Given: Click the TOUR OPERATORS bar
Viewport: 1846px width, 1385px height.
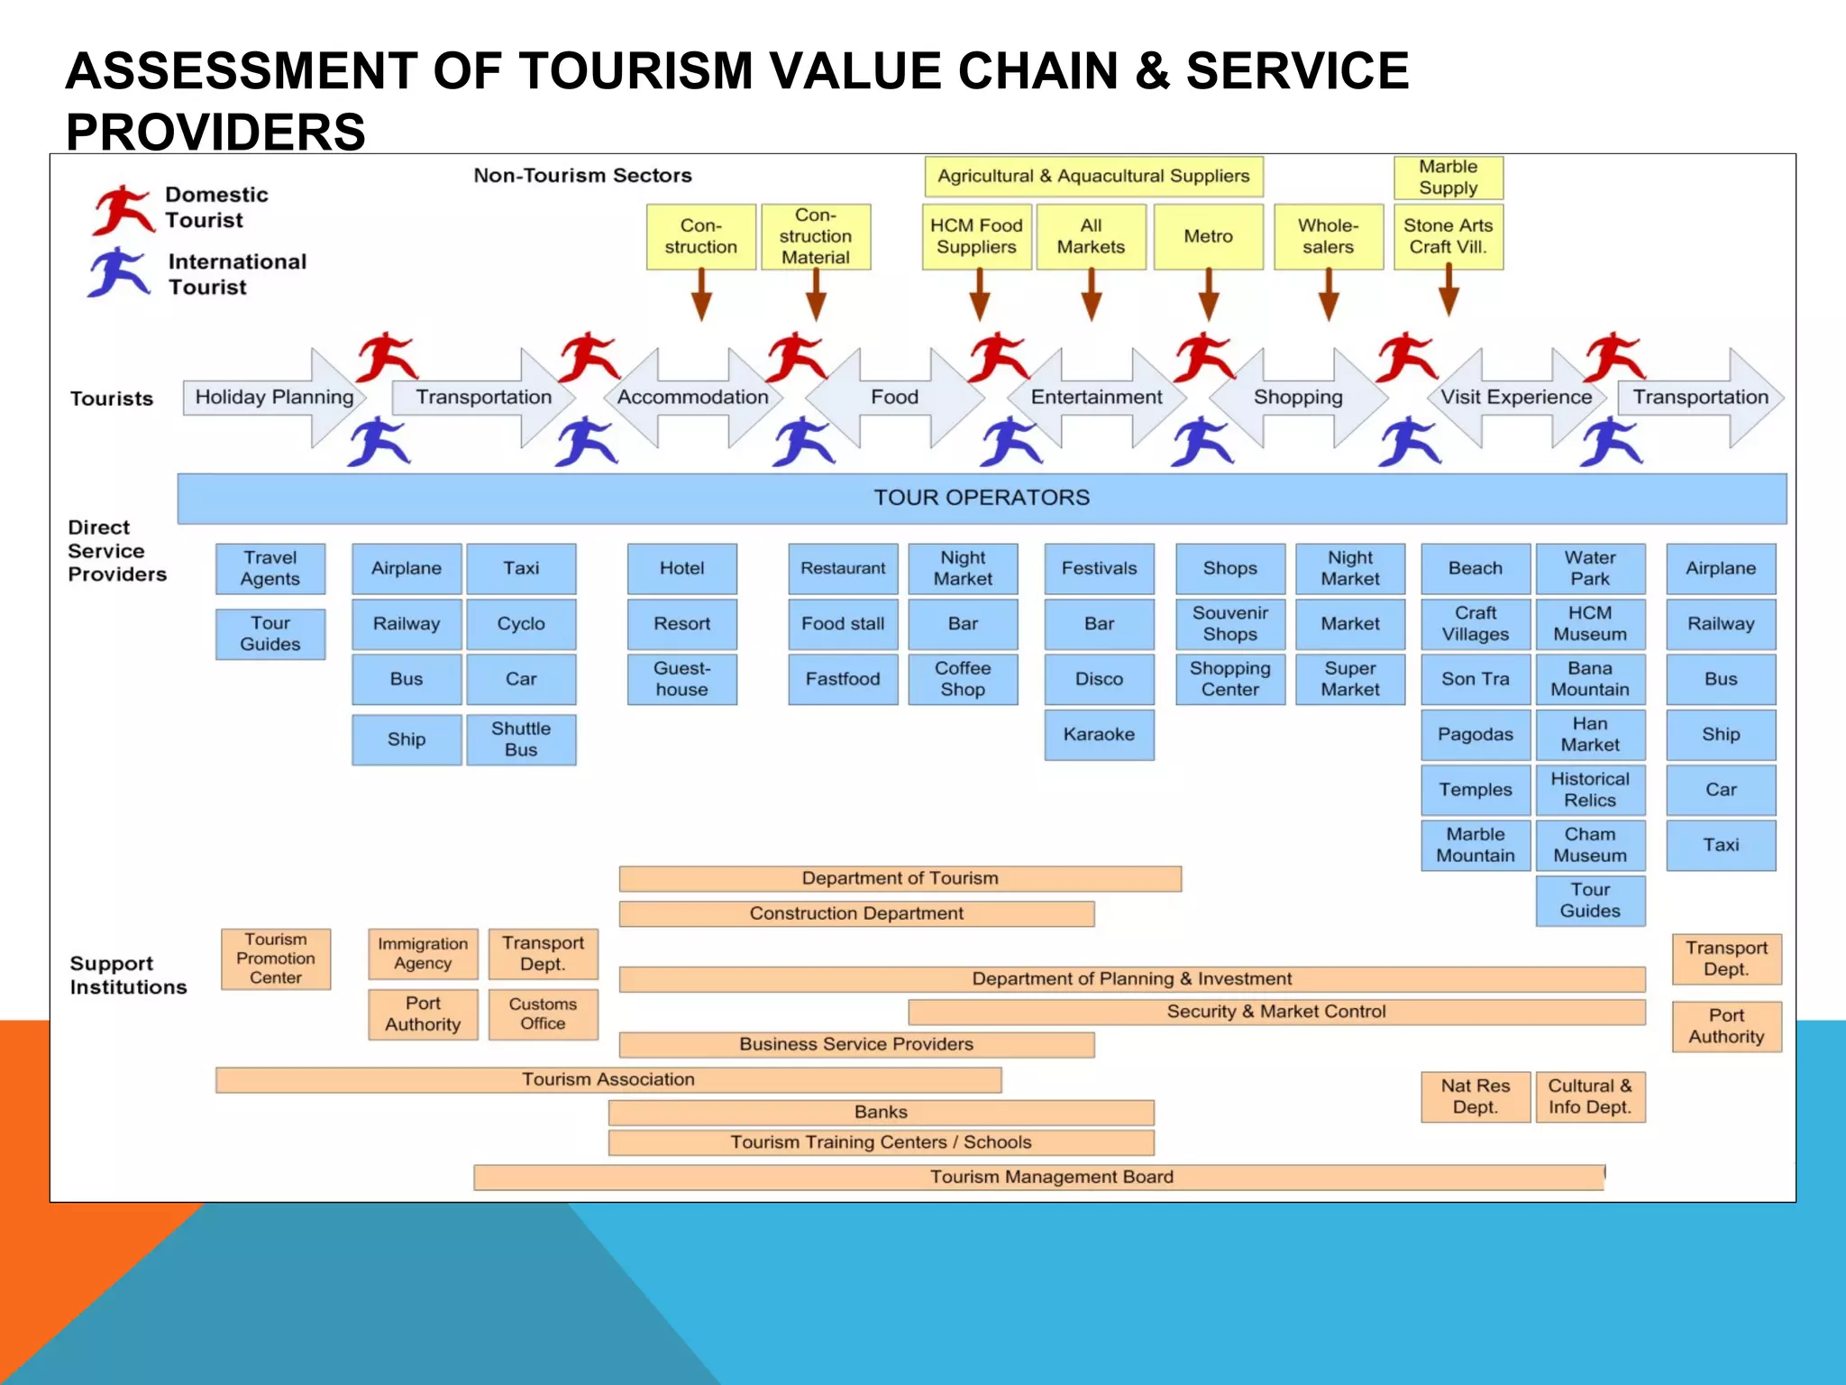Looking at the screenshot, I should (981, 498).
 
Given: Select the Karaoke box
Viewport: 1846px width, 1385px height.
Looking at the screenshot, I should (1099, 735).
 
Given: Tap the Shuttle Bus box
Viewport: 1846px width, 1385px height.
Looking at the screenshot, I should (521, 739).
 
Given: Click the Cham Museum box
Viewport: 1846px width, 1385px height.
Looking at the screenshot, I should (1590, 845).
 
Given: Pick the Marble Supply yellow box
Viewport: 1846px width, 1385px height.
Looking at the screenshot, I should (1448, 178).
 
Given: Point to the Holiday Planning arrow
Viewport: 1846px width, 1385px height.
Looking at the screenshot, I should (274, 398).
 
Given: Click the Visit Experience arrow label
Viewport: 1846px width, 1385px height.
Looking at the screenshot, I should (1515, 398).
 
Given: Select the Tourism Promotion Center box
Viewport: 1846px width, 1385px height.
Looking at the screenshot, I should (276, 958).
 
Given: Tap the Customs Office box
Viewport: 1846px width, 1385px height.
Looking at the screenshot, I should (543, 1014).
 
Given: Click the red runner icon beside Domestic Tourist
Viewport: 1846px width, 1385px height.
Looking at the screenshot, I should (123, 209).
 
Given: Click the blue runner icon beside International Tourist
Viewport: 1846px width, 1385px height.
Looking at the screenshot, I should (119, 272).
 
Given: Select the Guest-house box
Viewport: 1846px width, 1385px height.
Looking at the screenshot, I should (681, 679).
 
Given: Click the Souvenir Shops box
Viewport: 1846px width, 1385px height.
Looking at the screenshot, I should (1229, 624).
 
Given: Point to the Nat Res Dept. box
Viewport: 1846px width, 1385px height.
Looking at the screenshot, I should (1475, 1096).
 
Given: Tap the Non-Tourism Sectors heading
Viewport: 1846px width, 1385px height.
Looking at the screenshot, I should (582, 176).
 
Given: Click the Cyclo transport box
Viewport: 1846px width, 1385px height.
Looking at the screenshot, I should (521, 624).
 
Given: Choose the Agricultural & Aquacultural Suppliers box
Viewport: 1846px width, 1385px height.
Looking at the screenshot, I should (1093, 177).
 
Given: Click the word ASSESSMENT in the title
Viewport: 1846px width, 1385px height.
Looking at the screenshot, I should (242, 72).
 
